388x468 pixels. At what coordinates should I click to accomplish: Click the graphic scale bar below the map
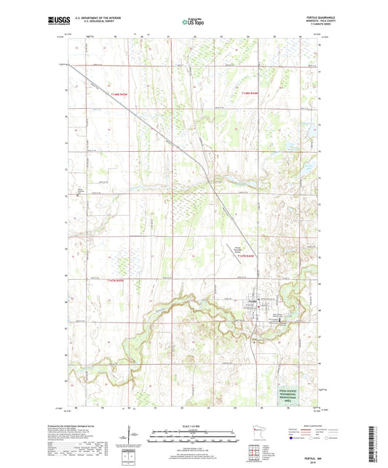coord(193,435)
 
